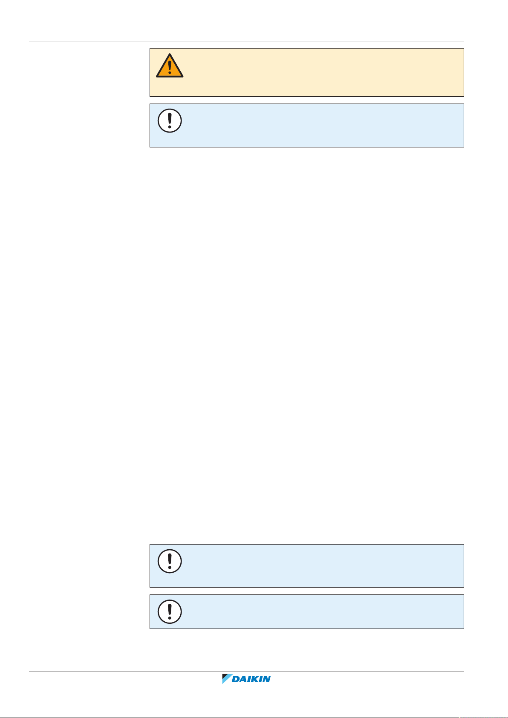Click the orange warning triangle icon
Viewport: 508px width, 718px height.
tap(170, 66)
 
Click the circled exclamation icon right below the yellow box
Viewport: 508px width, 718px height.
tap(170, 121)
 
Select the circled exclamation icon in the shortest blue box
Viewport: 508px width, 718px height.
tap(170, 612)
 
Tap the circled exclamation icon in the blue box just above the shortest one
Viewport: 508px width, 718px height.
tap(170, 561)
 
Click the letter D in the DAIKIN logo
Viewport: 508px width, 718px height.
tap(236, 679)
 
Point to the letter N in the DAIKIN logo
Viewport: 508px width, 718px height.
tap(266, 679)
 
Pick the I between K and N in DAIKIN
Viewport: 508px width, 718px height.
tap(260, 679)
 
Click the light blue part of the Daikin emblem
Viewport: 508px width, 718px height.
tap(226, 681)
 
